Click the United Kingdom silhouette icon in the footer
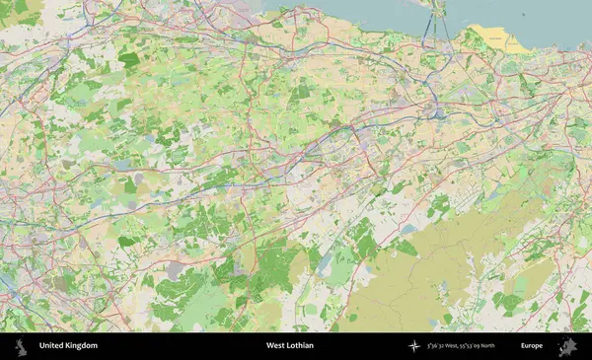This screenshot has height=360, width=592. [21, 346]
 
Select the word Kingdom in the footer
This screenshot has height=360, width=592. [82, 346]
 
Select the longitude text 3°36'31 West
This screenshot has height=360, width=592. [446, 346]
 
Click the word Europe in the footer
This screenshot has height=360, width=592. [532, 346]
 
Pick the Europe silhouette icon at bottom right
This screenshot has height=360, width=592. [568, 346]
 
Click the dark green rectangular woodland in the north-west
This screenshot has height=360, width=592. [128, 59]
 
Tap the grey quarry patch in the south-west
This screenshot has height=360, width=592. [176, 268]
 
